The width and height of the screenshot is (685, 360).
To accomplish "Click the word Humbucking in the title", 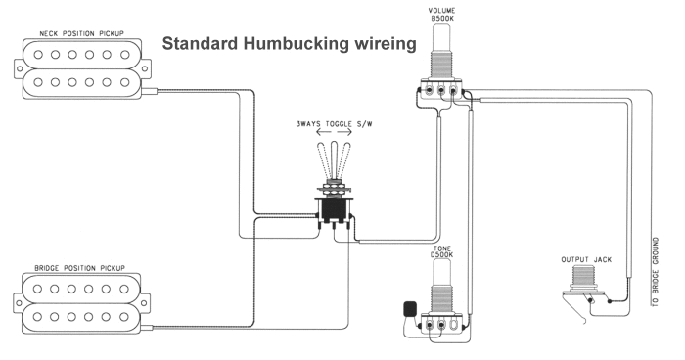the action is point(296,44).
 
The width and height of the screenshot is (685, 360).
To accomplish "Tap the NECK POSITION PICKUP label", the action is point(81,33).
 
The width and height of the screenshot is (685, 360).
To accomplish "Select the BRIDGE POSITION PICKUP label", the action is point(79,267).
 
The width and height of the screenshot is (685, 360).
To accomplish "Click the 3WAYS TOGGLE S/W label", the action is point(335,124).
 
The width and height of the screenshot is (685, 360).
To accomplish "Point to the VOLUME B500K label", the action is point(441,14).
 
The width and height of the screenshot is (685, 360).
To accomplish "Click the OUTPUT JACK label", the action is point(586,259).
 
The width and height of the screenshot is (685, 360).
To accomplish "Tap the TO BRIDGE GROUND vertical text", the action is point(656,271).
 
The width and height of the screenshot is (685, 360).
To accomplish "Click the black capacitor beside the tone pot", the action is point(410,308).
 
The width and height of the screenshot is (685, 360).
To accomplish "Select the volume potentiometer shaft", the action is point(441,38).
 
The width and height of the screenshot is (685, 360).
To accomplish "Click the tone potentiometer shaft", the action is point(441,273).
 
